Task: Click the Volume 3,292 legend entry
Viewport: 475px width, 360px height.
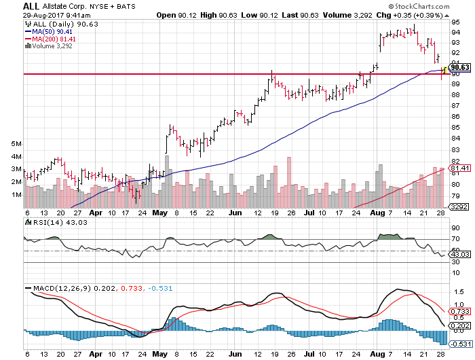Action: pos(53,46)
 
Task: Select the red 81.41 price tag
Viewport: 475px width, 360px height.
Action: pos(460,168)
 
